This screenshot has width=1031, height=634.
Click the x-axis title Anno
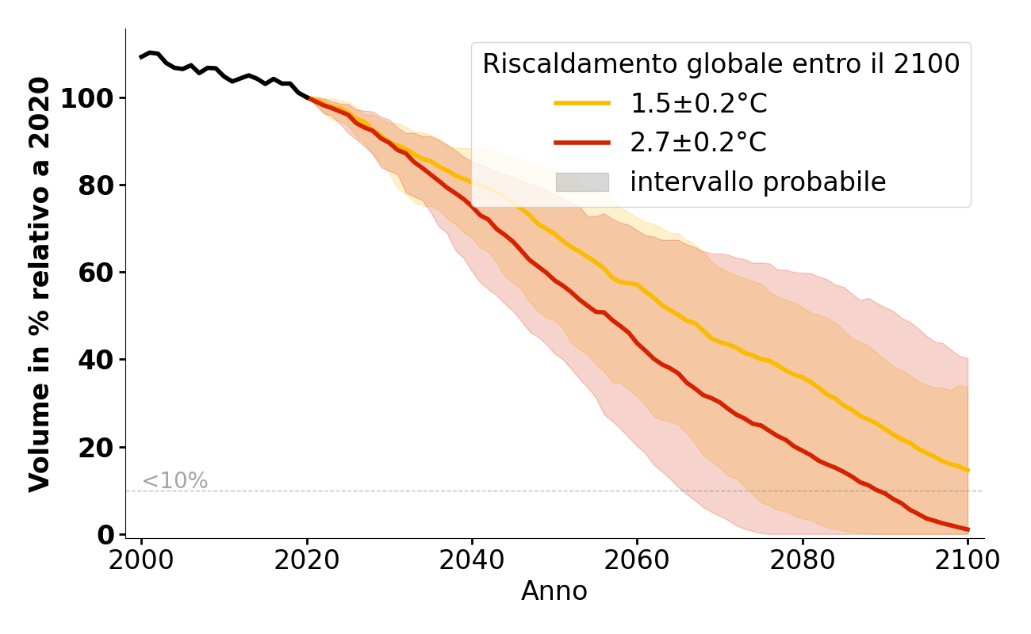[554, 591]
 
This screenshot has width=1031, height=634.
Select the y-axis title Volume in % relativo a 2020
[40, 284]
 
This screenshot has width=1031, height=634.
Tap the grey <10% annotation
[174, 481]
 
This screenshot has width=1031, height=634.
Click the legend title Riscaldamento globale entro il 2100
[721, 64]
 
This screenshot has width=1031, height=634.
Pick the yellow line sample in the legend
[582, 103]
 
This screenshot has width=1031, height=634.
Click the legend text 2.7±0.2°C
[698, 143]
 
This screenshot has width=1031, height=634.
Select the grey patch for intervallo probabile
[582, 182]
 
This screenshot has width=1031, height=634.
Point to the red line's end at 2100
[968, 529]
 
